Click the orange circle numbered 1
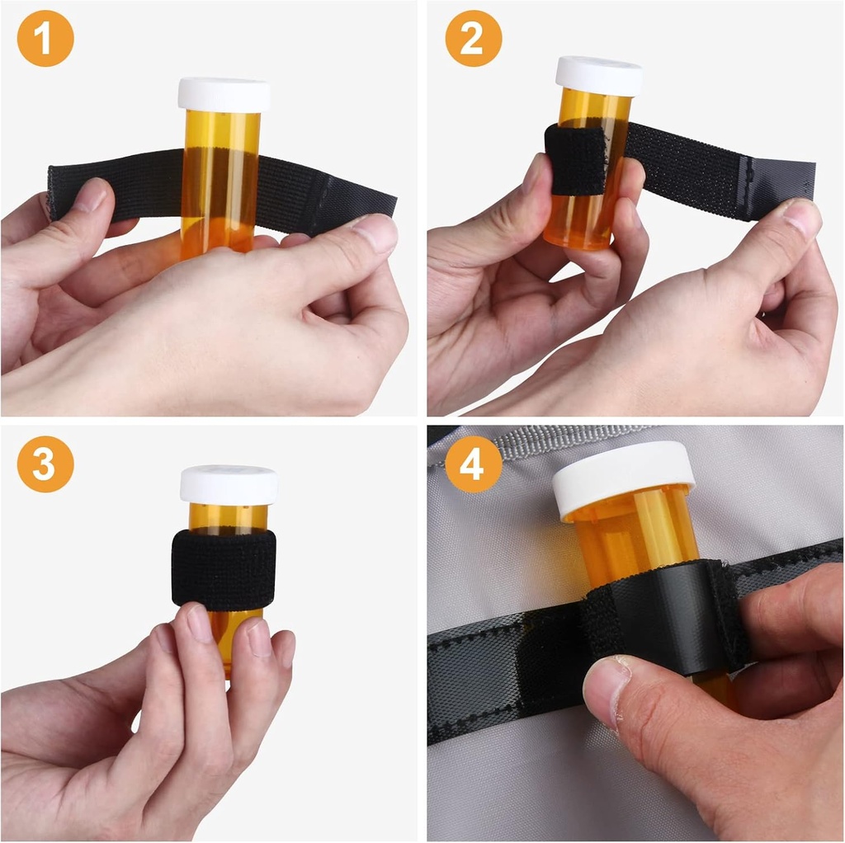click(x=45, y=38)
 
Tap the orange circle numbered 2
click(x=473, y=38)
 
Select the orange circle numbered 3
click(x=45, y=464)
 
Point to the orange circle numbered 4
click(x=473, y=464)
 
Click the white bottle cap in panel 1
click(x=224, y=95)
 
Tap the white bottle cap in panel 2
click(x=598, y=75)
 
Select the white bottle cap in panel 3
click(x=229, y=485)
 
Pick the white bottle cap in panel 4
click(x=623, y=477)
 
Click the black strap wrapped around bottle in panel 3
click(x=224, y=569)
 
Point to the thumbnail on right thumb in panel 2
click(x=800, y=218)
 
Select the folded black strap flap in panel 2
click(x=575, y=161)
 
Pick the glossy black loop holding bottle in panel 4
click(x=660, y=615)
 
